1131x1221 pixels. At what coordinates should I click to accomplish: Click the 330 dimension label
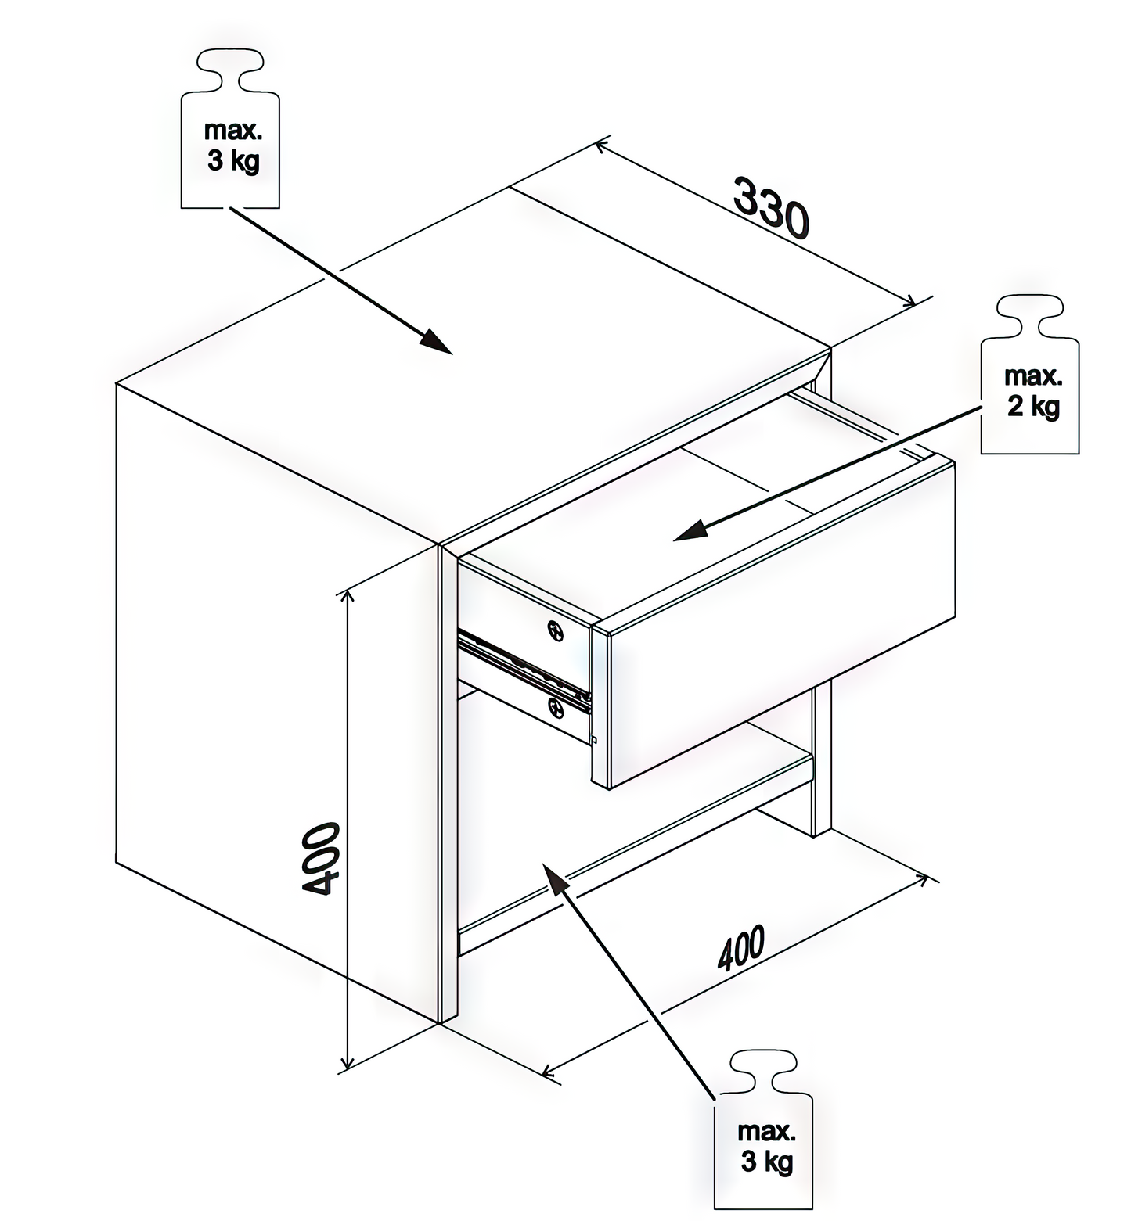pyautogui.click(x=770, y=207)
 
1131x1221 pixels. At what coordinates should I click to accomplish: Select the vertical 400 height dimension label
pyautogui.click(x=320, y=858)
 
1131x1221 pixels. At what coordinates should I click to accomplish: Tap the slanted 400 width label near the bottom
pyautogui.click(x=741, y=948)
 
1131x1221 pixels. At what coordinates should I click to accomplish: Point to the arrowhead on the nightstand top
pyautogui.click(x=435, y=342)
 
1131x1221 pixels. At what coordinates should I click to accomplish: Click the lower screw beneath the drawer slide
pyautogui.click(x=556, y=709)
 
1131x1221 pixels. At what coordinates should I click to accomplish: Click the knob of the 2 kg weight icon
pyautogui.click(x=1030, y=315)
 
